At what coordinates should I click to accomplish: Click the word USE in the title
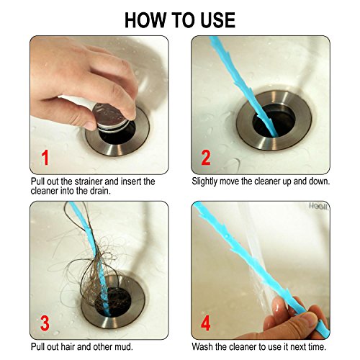[x=217, y=20]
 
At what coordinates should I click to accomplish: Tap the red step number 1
[x=45, y=157]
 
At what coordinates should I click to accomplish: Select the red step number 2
[x=206, y=157]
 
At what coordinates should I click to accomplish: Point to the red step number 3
[x=45, y=323]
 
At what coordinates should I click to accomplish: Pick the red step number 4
[x=206, y=323]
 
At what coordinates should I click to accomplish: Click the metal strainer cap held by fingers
[x=111, y=117]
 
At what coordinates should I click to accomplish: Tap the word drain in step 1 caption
[x=100, y=191]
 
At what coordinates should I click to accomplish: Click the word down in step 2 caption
[x=320, y=181]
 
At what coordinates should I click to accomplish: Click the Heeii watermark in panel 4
[x=318, y=206]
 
